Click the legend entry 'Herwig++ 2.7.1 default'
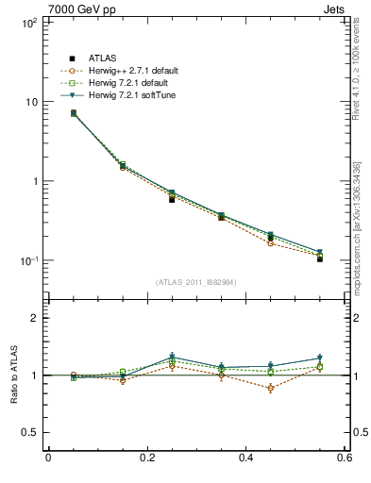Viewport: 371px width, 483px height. click(x=131, y=71)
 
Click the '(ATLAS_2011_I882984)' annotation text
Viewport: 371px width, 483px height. click(x=195, y=283)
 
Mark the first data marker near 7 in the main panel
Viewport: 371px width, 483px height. click(x=73, y=113)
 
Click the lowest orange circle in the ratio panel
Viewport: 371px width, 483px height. click(x=271, y=388)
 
